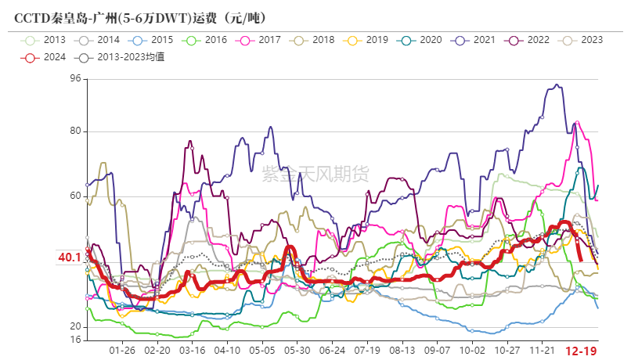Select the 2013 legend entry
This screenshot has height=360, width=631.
(46, 39)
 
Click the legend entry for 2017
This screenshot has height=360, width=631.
(259, 39)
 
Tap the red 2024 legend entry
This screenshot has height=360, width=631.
(46, 56)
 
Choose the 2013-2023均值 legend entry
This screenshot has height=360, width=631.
(118, 56)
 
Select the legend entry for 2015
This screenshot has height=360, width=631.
(153, 39)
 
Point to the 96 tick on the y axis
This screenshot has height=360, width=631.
(75, 77)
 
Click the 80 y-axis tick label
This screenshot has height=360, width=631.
(75, 131)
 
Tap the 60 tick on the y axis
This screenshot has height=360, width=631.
(75, 196)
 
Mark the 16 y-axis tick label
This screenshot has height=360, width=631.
(75, 340)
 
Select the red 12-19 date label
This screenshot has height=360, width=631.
(580, 351)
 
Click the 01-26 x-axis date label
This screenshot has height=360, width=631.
(122, 351)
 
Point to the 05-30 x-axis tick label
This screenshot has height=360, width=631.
(297, 351)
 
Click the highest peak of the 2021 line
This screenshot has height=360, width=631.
(557, 85)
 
